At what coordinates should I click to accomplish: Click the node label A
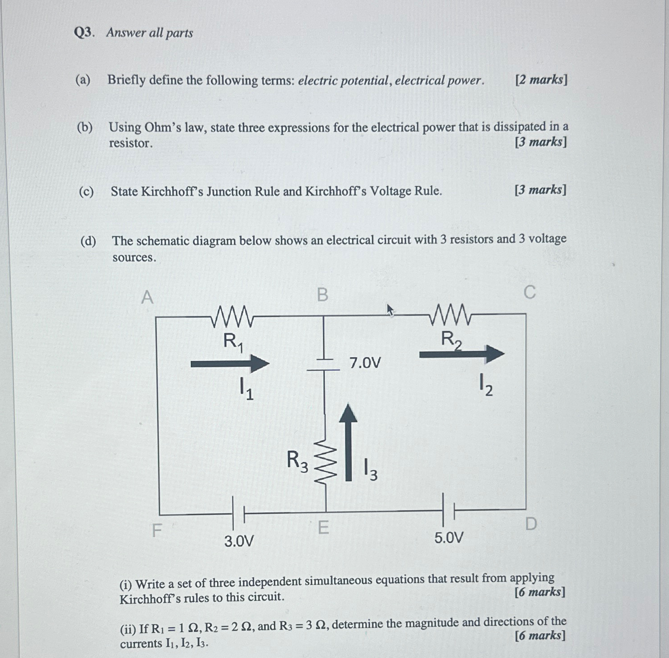[x=147, y=297]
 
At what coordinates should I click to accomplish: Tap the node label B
[x=323, y=295]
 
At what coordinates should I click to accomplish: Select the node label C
[x=530, y=292]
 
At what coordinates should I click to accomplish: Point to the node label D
[x=531, y=523]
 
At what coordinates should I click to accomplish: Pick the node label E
[x=323, y=527]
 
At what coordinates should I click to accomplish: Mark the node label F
[x=156, y=531]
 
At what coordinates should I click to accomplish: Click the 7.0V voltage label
[x=365, y=363]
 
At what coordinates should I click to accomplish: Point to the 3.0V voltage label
[x=239, y=541]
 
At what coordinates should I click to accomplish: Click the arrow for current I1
[x=230, y=363]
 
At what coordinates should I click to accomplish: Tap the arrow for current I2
[x=461, y=354]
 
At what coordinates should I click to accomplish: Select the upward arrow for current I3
[x=348, y=443]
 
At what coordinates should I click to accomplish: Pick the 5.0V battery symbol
[x=448, y=510]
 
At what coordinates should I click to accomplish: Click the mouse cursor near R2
[x=390, y=310]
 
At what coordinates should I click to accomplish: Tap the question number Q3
[x=84, y=33]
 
